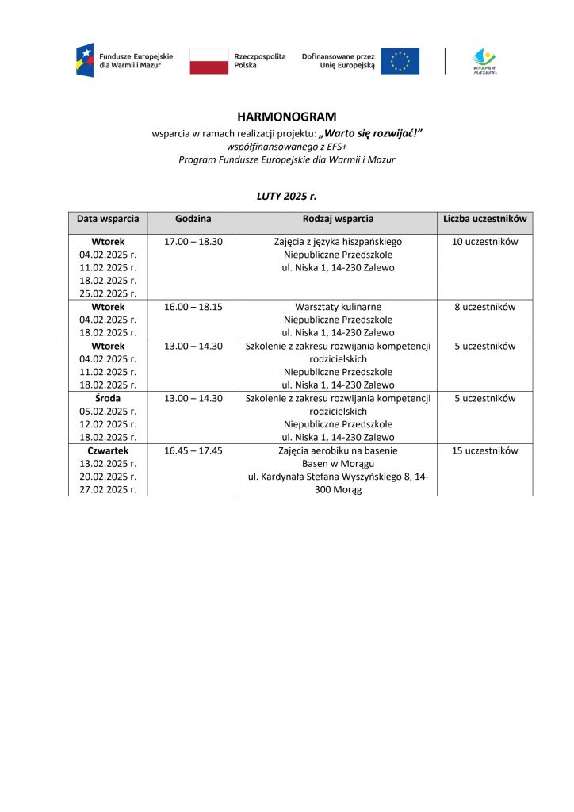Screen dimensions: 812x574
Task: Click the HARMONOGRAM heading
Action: (x=287, y=117)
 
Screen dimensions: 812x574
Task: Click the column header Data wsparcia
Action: (x=108, y=218)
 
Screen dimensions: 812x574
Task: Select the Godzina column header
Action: (x=193, y=218)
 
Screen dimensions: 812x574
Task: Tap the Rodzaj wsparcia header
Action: (x=338, y=218)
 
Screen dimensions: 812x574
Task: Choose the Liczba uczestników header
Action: (x=484, y=218)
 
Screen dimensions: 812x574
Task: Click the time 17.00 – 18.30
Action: (x=193, y=242)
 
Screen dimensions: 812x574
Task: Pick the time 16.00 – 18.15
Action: (x=193, y=307)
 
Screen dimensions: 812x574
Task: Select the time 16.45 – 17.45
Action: (x=193, y=450)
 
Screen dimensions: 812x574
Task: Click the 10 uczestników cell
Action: (x=484, y=242)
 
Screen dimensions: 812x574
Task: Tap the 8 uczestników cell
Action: (x=484, y=307)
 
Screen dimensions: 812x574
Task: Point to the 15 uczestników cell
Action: (x=484, y=450)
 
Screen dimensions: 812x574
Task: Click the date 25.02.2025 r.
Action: (x=108, y=293)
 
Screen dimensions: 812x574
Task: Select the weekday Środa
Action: (x=108, y=398)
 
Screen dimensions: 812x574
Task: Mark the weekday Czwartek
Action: (x=108, y=450)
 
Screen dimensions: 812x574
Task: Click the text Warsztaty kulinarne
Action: (x=338, y=307)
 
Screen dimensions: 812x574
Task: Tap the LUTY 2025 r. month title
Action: (x=287, y=195)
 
